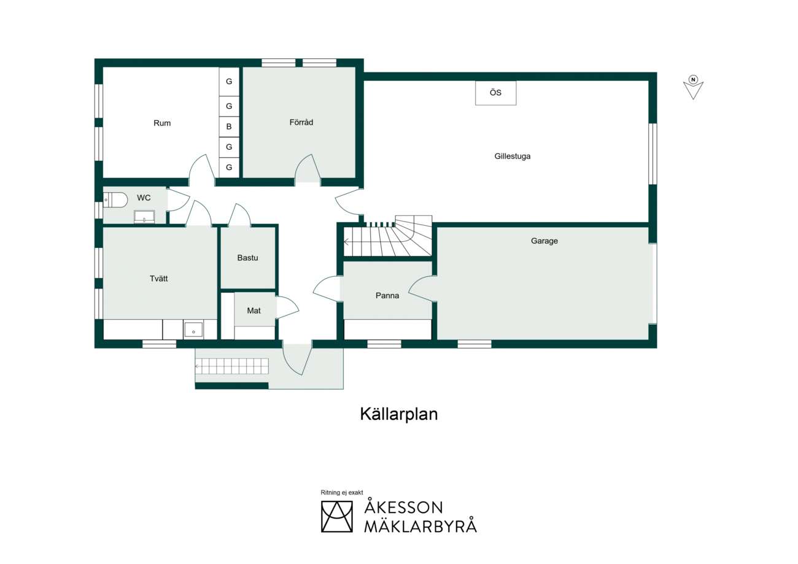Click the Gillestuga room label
(512, 156)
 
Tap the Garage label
(544, 241)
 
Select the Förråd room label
(301, 122)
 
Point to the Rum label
(161, 123)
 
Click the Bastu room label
(247, 257)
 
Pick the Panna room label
(387, 295)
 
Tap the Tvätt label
(158, 279)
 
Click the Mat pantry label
(254, 311)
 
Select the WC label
(144, 198)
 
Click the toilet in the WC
(115, 199)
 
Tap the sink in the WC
(144, 217)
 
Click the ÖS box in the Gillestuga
(495, 93)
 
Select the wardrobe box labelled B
(229, 126)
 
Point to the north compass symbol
(693, 87)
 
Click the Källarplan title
(398, 414)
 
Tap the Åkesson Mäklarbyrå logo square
(336, 517)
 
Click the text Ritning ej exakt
(342, 492)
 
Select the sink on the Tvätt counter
(193, 330)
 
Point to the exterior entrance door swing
(298, 360)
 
